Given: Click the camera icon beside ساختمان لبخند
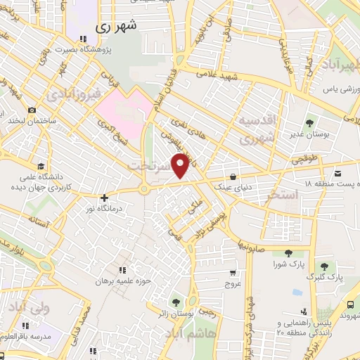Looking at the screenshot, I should [32, 110].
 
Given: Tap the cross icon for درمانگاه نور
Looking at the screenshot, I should [105, 198].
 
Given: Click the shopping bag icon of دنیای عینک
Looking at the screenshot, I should [233, 176].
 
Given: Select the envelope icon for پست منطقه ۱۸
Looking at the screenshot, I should [338, 173].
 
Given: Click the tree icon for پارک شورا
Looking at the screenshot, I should [287, 253].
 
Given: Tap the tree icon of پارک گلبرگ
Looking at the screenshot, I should [324, 266].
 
